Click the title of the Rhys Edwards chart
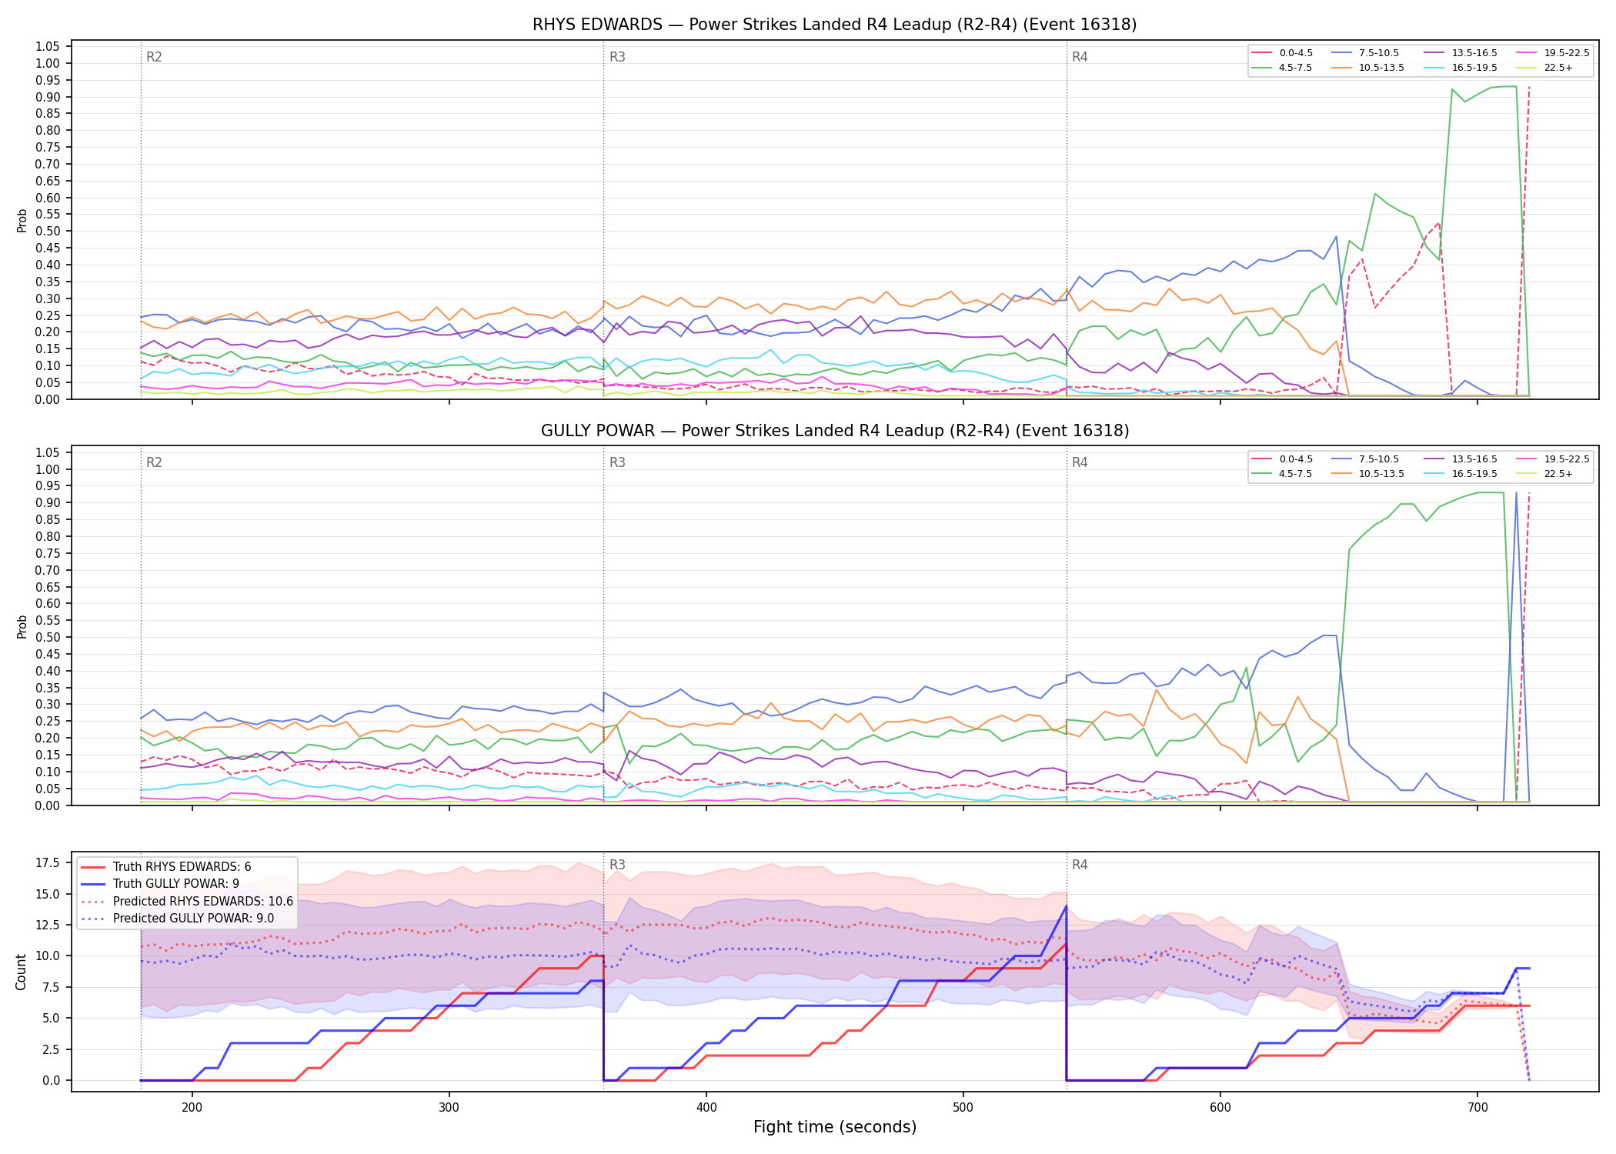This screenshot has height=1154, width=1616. [x=834, y=25]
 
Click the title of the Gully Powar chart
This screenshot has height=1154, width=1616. [x=834, y=431]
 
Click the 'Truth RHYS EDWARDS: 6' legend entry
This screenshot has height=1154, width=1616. [x=166, y=867]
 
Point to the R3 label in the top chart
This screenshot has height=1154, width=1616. [x=617, y=57]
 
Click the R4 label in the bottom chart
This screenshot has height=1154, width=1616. [x=1080, y=865]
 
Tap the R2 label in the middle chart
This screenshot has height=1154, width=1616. [x=154, y=462]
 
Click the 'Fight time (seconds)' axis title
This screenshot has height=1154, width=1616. [x=835, y=1127]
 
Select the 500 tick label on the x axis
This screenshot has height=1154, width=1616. [x=963, y=1107]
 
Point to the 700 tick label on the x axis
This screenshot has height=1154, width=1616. [x=1477, y=1107]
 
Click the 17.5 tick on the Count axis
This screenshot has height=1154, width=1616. [x=48, y=862]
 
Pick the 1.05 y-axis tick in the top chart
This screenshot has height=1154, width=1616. [x=48, y=47]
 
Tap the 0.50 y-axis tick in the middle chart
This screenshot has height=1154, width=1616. [x=48, y=637]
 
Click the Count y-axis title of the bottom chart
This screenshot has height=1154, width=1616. [x=22, y=972]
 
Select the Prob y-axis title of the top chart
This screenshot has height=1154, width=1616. [x=22, y=221]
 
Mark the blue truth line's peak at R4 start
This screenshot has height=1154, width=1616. [x=1066, y=906]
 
